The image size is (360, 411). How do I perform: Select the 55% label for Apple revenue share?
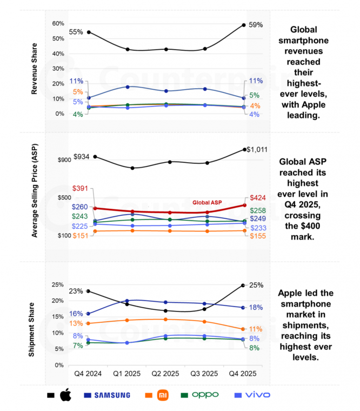coord(76,32)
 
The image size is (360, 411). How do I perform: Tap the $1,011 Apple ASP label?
coord(257,150)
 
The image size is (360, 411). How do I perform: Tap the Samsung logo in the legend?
coord(111,395)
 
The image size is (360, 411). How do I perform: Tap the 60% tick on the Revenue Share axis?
coord(58,24)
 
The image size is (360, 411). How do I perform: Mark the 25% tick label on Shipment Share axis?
coord(58,284)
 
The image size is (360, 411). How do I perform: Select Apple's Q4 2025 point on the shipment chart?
coord(243,285)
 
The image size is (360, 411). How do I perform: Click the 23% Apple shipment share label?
coord(76,291)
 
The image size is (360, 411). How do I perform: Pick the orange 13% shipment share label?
coord(76,323)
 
